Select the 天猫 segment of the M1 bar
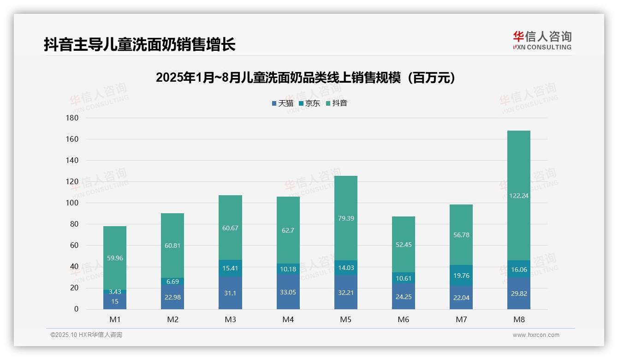point(115,301)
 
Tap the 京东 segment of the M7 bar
point(461,276)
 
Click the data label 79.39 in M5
point(346,218)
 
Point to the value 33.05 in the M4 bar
point(288,293)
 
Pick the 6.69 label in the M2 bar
point(172,282)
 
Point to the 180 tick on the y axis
point(73,118)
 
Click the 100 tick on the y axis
point(73,203)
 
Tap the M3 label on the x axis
point(230,319)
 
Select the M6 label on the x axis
point(404,319)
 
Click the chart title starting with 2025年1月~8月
point(305,78)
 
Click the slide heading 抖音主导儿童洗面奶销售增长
point(140,44)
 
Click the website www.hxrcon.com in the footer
point(536,335)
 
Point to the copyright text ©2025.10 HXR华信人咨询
point(86,335)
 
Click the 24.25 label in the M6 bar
point(404,297)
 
